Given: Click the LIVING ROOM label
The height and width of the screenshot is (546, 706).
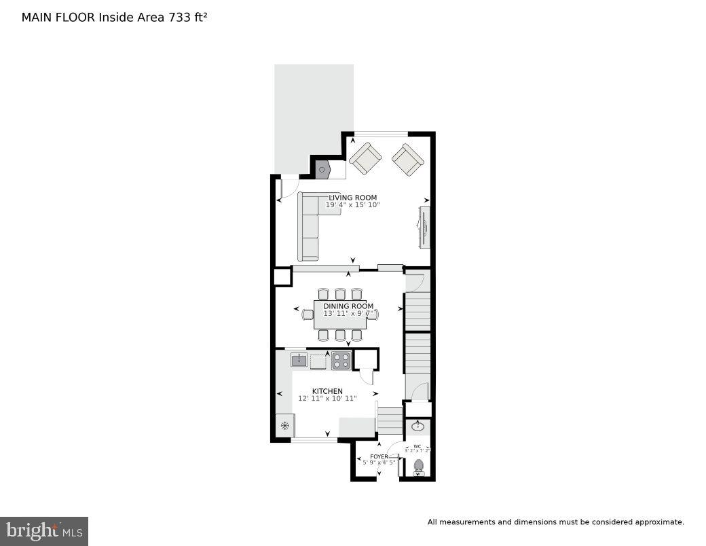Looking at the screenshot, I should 352,198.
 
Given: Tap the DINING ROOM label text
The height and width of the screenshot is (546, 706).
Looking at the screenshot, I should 348,306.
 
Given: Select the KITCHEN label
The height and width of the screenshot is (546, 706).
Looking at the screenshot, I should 327,391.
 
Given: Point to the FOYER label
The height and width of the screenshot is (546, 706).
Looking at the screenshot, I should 379,456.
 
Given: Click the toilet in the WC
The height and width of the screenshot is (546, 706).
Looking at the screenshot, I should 419,467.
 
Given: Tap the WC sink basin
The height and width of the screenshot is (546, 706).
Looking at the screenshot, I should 418,427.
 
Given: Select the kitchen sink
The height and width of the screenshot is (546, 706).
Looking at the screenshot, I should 299,360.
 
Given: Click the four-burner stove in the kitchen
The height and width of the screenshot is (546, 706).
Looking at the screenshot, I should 341,361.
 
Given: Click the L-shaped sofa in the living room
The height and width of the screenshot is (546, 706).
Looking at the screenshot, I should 310,224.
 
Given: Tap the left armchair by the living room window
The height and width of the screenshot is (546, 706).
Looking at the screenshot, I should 365,158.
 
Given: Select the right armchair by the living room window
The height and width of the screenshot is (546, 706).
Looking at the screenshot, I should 407,160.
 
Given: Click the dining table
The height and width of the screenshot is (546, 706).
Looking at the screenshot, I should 340,315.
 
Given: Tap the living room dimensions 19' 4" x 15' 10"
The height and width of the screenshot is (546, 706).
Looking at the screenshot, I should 352,205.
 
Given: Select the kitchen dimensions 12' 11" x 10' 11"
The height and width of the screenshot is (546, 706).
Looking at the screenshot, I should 327,399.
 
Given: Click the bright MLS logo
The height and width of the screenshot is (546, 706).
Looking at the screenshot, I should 44,530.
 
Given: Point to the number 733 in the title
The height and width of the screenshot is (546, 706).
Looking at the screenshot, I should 179,17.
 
